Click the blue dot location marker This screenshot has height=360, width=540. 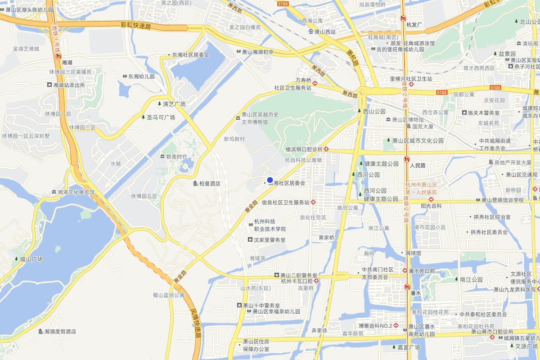(270, 180)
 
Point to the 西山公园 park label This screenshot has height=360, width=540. (374, 111)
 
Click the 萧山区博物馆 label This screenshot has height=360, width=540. (407, 120)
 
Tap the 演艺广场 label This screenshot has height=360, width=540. (174, 104)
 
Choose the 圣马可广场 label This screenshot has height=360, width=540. (161, 117)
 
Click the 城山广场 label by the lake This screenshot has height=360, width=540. (31, 259)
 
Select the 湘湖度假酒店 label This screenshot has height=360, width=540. (59, 332)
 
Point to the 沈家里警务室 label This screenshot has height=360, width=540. (269, 240)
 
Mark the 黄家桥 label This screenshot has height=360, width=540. (326, 237)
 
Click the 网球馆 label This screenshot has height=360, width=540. (413, 253)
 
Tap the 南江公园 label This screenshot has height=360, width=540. (471, 279)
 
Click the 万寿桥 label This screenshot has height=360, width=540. (303, 80)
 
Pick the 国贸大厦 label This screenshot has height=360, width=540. (423, 127)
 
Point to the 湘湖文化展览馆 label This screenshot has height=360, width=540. (76, 192)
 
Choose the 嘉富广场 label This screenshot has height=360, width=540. (408, 347)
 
